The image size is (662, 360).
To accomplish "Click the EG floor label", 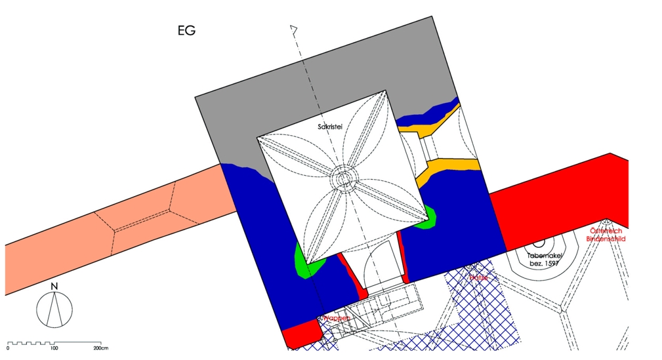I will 186,31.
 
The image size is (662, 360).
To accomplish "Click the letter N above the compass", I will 54,287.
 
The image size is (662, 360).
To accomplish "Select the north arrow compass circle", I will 54,310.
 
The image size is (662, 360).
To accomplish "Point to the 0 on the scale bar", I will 8,348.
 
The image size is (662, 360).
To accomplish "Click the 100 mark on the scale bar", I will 54,348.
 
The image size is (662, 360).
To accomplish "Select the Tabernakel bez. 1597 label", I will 542,258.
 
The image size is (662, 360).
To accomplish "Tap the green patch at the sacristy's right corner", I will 426,216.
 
